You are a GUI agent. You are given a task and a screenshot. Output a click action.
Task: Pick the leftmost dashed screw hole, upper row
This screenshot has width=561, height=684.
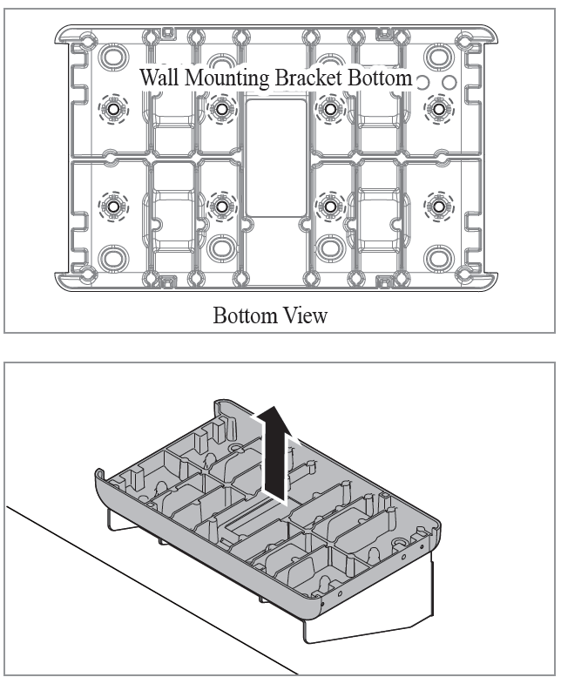click(112, 109)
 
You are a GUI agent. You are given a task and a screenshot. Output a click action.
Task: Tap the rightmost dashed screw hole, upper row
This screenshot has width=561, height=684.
click(438, 108)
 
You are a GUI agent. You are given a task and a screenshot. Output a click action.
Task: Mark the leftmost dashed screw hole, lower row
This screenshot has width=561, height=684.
click(112, 207)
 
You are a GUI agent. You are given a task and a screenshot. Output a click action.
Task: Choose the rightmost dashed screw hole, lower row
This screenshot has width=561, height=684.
click(438, 207)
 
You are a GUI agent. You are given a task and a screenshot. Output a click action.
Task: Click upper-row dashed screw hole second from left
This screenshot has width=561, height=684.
click(221, 108)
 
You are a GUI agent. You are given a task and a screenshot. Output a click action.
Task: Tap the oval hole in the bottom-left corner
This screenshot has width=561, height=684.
click(112, 257)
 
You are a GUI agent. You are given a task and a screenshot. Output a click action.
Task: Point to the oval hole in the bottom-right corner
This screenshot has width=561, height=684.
click(439, 257)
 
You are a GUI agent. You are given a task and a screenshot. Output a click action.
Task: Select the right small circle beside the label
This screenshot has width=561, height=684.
click(448, 81)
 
